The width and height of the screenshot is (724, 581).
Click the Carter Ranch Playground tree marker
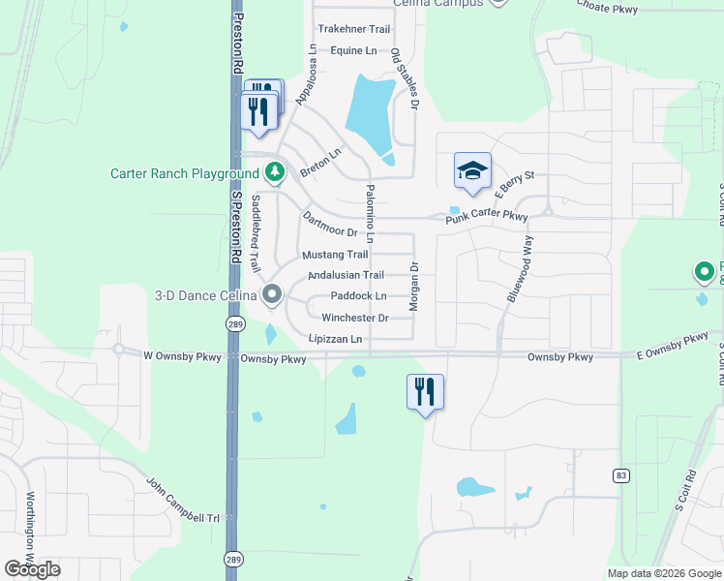pos(276,173)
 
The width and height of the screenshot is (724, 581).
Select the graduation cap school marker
pos(472,171)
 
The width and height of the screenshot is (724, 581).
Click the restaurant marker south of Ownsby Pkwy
pos(425,391)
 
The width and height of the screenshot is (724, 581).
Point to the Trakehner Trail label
pos(353,30)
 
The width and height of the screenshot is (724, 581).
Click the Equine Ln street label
pos(353,50)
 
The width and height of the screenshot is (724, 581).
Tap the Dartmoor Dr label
pos(330,225)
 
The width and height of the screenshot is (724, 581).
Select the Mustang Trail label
pos(335,256)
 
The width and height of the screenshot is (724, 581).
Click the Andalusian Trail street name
pos(346,276)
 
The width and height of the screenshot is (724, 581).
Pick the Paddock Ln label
pos(358,296)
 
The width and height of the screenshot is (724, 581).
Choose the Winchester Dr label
pos(355,318)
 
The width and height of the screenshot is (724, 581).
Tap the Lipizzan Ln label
pos(335,339)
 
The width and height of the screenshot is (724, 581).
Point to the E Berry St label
pos(515,178)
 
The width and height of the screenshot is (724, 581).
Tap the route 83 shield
pos(620,475)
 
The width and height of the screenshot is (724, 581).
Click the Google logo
pos(32,569)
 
